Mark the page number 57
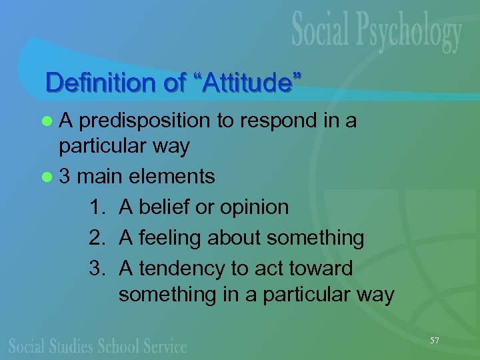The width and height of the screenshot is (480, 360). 435,341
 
